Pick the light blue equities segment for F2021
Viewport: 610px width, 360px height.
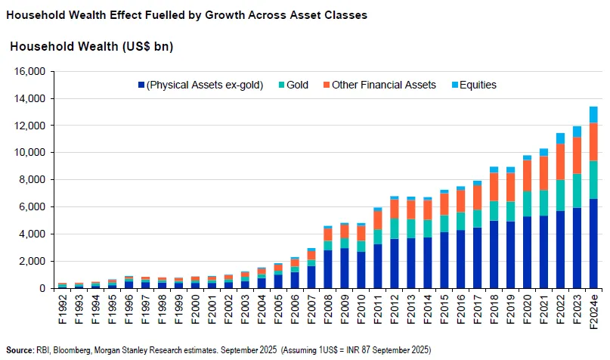click(543, 152)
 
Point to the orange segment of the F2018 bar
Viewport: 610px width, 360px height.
click(494, 187)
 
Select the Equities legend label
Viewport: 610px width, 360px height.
click(478, 85)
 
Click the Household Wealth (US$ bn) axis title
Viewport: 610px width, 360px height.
click(91, 47)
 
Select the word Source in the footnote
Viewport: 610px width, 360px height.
click(18, 349)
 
